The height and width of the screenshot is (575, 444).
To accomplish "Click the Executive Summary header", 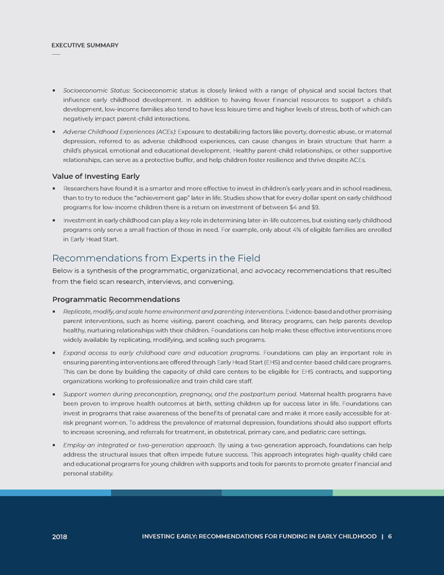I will [85, 45].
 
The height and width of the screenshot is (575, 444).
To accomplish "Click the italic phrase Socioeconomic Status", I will [96, 90].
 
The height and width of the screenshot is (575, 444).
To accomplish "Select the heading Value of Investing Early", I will [95, 176].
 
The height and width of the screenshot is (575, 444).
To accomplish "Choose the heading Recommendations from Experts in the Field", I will [156, 258].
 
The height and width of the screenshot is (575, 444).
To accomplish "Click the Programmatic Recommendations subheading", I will [116, 299].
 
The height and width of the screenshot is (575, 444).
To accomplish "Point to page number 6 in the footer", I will [390, 536].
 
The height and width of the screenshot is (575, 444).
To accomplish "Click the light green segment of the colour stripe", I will [388, 492].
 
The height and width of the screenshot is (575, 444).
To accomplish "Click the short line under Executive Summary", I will [56, 54].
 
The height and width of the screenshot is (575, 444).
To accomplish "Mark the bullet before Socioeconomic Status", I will [54, 90].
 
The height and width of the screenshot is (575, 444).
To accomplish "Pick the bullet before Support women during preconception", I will [54, 394].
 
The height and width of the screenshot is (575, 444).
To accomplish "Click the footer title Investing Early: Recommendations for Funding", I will [259, 536].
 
